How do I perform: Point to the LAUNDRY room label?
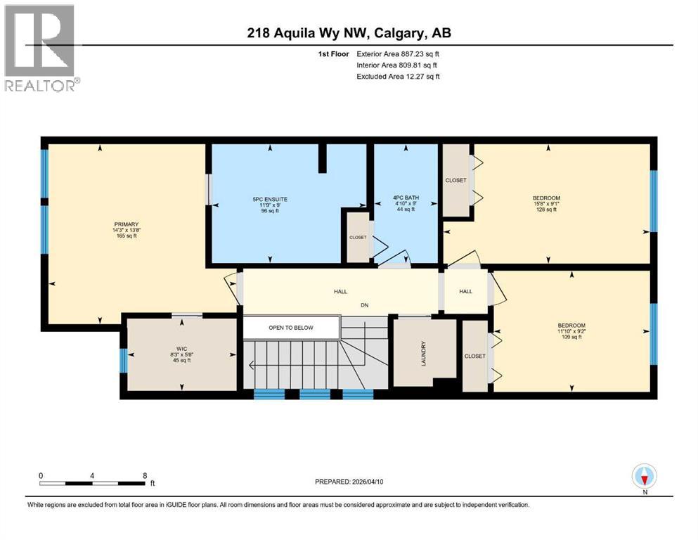[x=423, y=352]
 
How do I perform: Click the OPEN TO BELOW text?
[x=291, y=328]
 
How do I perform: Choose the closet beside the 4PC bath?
[x=455, y=181]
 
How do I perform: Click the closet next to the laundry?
[x=474, y=356]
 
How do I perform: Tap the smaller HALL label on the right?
[x=465, y=292]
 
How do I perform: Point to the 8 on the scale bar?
[x=144, y=475]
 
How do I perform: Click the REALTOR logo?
[x=41, y=49]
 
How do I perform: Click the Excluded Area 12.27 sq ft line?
[x=398, y=76]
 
